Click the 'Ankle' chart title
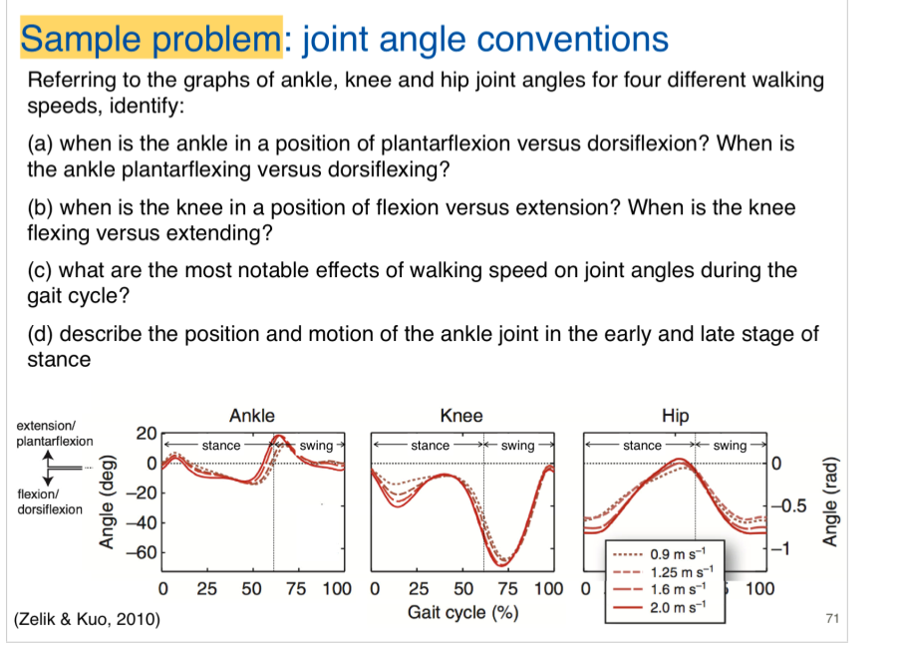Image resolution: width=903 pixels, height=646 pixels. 251,416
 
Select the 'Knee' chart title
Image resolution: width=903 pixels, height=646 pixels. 460,416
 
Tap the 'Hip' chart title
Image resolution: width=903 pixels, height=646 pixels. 675,416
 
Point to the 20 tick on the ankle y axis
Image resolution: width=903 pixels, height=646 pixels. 146,434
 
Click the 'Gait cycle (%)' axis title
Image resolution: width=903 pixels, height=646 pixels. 462,612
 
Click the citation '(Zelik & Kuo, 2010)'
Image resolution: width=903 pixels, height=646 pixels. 87,621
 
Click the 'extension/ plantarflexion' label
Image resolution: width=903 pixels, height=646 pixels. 55,434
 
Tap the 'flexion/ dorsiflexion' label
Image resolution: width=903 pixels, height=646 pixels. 50,501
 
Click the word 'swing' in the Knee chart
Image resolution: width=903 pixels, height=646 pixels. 517,446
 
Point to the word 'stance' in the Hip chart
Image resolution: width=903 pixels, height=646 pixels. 642,446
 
